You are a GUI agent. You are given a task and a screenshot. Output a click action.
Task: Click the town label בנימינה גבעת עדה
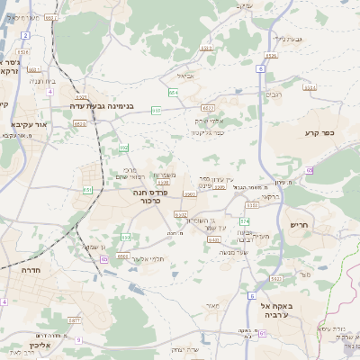pos(105,106)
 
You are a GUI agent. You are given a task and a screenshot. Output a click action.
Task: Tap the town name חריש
pos(300,224)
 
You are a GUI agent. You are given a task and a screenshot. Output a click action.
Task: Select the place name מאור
pos(211,306)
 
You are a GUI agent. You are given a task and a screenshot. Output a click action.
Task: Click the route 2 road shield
pos(26,35)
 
